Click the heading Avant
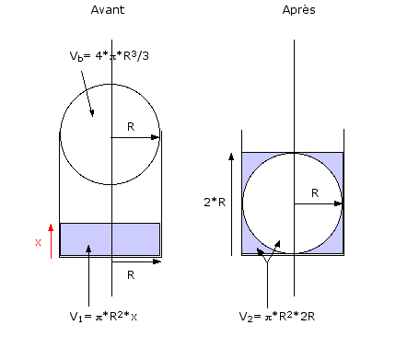point(108,10)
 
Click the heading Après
point(298,10)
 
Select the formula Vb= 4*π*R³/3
point(110,56)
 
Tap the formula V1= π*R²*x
point(103,316)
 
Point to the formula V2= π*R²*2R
point(277,316)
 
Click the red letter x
point(38,242)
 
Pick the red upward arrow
point(51,241)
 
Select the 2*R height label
point(215,203)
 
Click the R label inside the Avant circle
point(131,127)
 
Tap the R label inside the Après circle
point(315,193)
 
